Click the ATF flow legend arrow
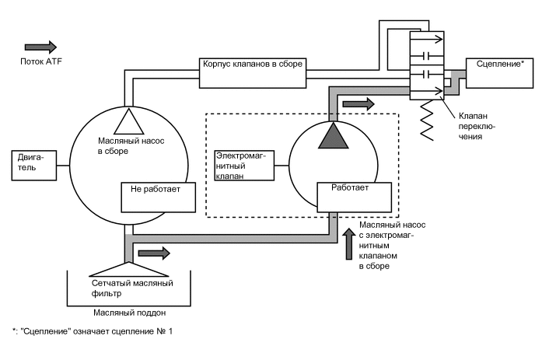[x=40, y=47]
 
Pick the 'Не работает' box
[x=156, y=197]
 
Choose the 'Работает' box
[x=353, y=197]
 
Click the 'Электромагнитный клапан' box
[x=244, y=166]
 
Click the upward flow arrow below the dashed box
[x=348, y=243]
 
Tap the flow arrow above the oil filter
[x=153, y=253]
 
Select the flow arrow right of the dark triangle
[x=358, y=103]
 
